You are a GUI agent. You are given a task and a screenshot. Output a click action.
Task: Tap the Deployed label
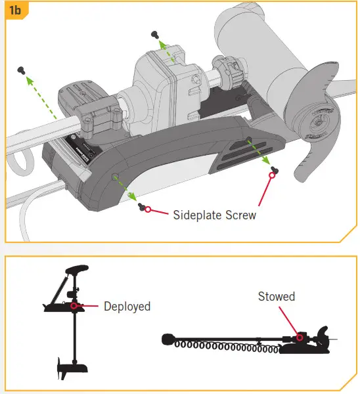127,307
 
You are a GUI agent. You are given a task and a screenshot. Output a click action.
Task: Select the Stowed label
276,297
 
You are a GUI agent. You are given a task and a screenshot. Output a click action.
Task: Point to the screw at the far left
22,68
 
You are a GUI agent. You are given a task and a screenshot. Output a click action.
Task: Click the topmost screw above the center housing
156,33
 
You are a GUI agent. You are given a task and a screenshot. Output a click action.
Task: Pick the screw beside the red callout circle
141,207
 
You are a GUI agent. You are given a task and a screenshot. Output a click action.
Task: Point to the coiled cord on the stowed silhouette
223,343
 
